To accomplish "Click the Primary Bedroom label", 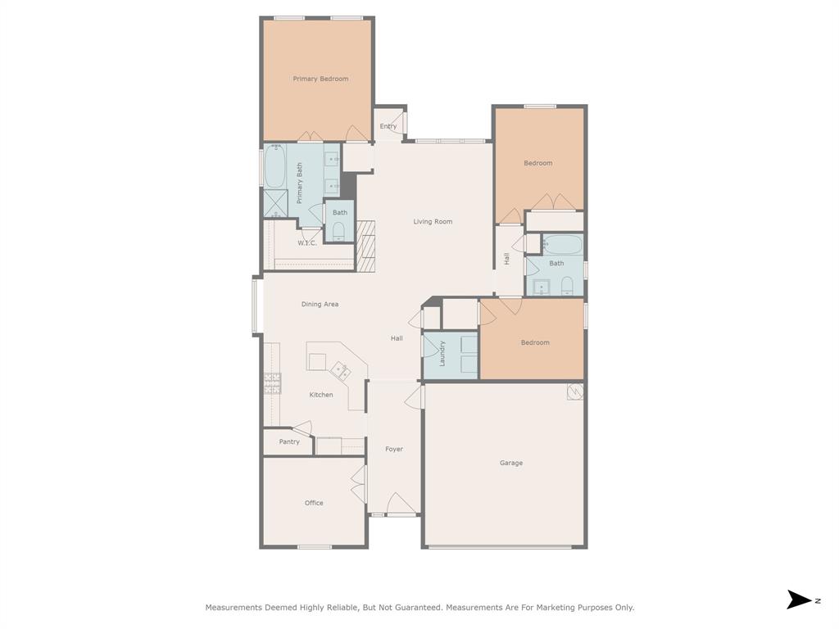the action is (320, 79).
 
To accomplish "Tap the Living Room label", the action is (433, 221).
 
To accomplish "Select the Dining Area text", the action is (320, 305).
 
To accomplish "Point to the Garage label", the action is (511, 464).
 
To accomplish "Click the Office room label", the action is (314, 503).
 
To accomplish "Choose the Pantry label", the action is (289, 441).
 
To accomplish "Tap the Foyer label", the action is (394, 450).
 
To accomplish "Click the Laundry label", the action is (442, 354).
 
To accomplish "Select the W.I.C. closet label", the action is (307, 243).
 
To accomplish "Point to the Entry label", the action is (388, 127).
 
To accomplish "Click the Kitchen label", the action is (321, 395).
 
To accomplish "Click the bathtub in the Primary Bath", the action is (275, 166).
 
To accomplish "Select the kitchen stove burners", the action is (272, 383).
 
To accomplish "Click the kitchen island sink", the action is (340, 370).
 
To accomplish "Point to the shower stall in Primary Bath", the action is (276, 204).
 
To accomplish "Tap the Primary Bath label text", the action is (300, 183).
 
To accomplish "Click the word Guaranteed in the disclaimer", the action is (418, 608).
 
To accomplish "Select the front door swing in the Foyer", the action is (401, 504).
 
